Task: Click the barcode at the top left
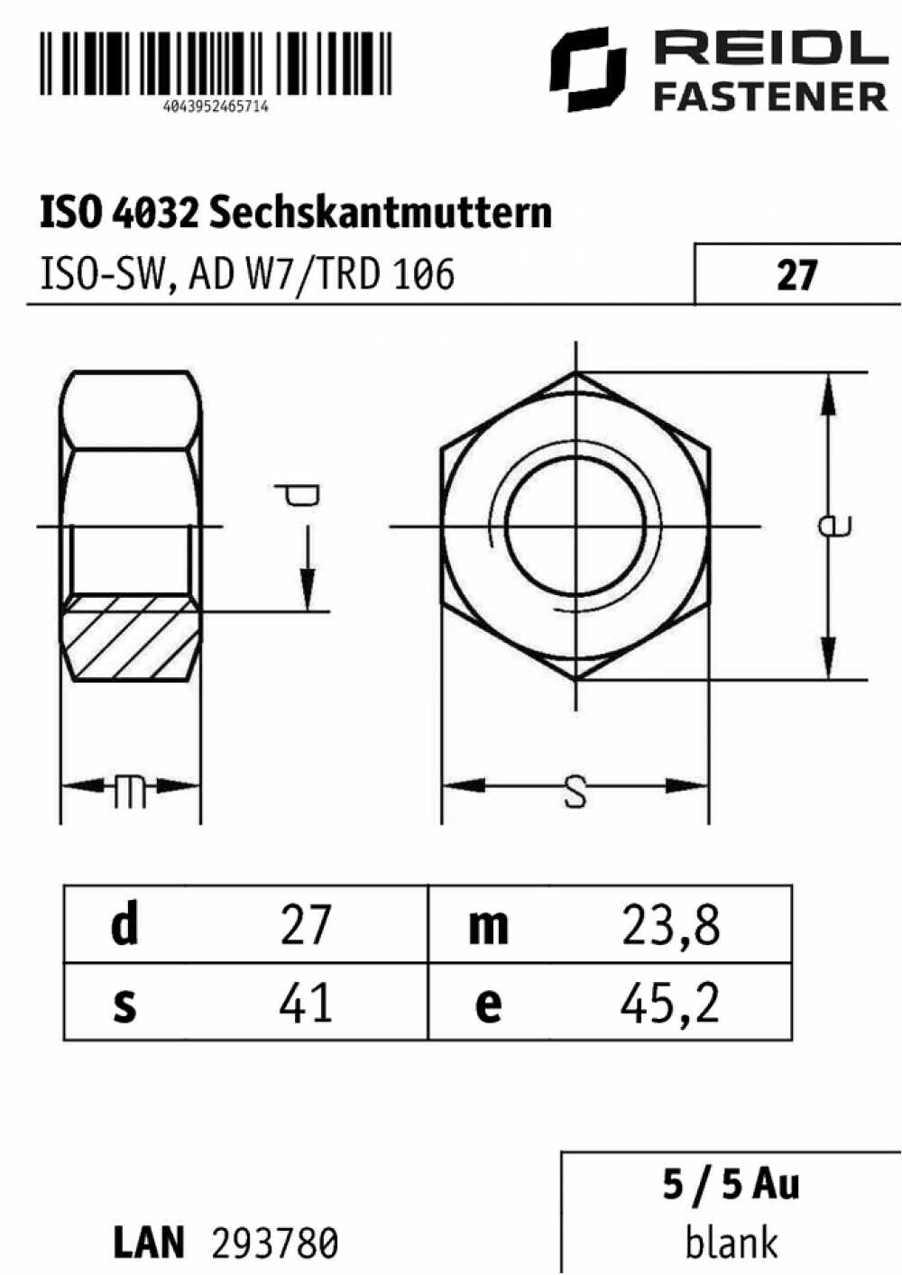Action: [216, 62]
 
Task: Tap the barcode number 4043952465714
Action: [216, 107]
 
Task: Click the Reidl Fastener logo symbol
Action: [588, 69]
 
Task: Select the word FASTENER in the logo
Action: [770, 96]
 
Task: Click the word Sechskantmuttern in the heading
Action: [381, 213]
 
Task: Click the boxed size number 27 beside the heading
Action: [797, 276]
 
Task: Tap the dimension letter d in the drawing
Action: [298, 495]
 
